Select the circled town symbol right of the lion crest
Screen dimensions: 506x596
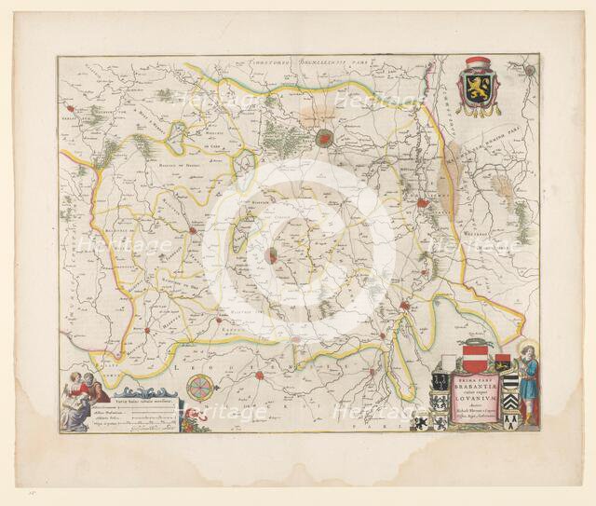pyautogui.click(x=529, y=69)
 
